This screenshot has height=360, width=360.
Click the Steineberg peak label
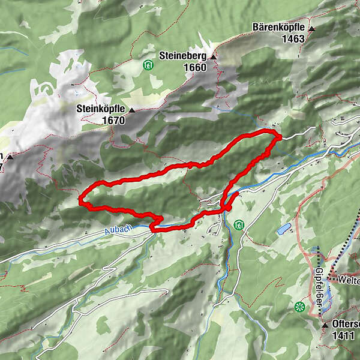(x=182, y=56)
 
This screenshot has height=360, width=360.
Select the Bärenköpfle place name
(x=279, y=28)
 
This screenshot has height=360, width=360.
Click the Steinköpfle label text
(x=101, y=109)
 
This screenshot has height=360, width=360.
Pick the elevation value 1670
(x=113, y=120)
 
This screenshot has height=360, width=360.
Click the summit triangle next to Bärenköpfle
(x=312, y=28)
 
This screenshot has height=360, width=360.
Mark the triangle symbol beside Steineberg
(x=212, y=56)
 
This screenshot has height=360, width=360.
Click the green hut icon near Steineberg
(x=147, y=64)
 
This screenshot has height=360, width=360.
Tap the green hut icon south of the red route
(x=238, y=224)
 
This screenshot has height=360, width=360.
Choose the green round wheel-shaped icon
(x=299, y=307)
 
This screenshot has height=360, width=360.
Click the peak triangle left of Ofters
(x=324, y=323)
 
